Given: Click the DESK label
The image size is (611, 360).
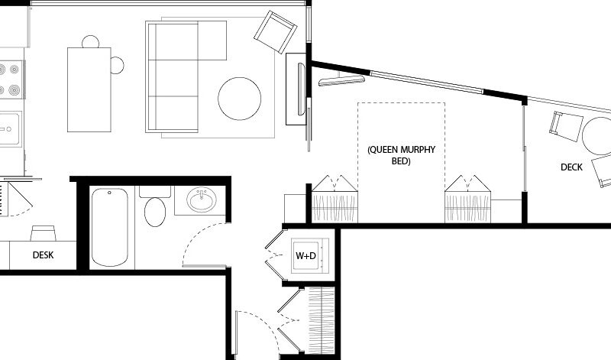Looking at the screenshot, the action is click(x=44, y=255).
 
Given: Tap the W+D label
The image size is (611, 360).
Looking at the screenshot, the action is click(x=306, y=256).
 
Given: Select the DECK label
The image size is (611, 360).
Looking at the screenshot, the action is click(x=571, y=167).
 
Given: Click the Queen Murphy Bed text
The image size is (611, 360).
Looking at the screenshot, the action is click(x=402, y=155).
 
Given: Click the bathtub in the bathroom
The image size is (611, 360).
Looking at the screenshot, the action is click(x=109, y=228).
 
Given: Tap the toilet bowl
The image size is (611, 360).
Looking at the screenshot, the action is click(x=155, y=212).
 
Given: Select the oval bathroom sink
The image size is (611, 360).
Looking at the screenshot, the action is click(x=202, y=199).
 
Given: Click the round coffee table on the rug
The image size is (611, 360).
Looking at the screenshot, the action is click(x=240, y=99).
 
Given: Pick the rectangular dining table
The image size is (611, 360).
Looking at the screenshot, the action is click(x=89, y=89).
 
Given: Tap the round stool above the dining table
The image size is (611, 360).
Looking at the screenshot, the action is click(x=90, y=42).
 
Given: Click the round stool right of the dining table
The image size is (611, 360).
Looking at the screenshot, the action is click(x=118, y=65).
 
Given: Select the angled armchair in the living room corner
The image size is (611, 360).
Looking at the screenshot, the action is click(x=276, y=32).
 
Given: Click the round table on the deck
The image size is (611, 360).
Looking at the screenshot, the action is click(x=597, y=136).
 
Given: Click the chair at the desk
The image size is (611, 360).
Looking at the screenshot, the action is click(x=44, y=233).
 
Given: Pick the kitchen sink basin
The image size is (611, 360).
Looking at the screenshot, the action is click(x=9, y=128).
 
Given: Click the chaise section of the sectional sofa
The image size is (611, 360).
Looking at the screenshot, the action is click(x=212, y=41).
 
